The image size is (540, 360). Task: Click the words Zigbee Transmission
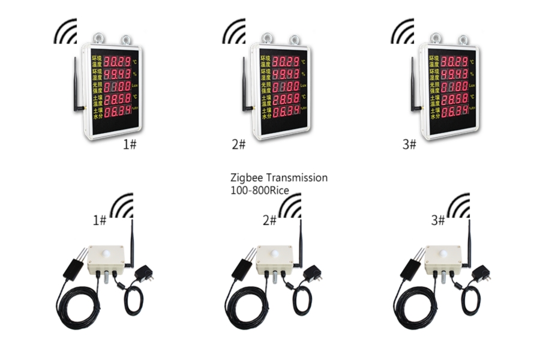coord(279,178)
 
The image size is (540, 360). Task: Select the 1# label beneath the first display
coord(129,145)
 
